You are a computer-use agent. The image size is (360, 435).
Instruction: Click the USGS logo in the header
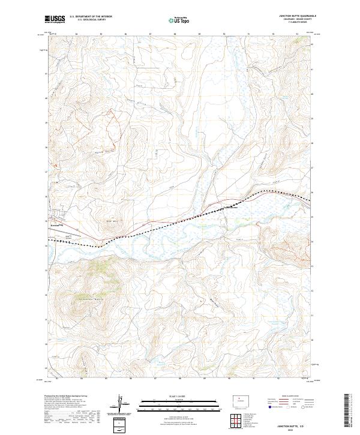point(55,20)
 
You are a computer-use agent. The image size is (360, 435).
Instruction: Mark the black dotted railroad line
point(180,220)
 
